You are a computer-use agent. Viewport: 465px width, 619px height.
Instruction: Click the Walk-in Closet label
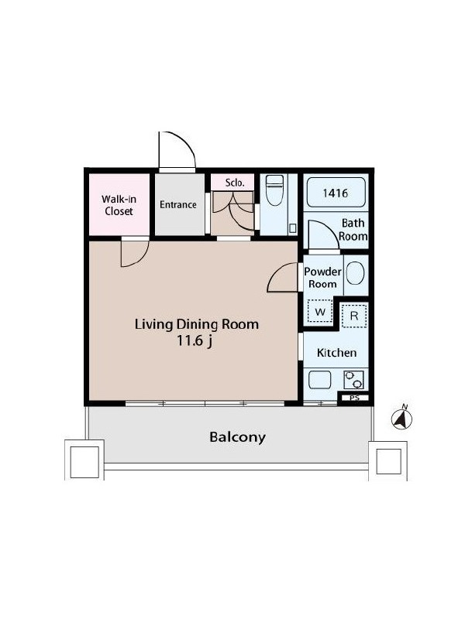[119, 205]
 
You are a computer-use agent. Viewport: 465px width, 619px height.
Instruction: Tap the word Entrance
[178, 204]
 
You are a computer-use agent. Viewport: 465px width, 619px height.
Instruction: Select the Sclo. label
[235, 183]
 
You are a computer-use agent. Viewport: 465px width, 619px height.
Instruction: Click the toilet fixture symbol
[275, 190]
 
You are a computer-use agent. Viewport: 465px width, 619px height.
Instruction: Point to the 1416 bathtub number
[336, 193]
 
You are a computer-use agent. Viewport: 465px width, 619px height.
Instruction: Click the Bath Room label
[353, 230]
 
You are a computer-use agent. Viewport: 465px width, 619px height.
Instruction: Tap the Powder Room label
[322, 278]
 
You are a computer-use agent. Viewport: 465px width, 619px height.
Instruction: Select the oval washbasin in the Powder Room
[355, 273]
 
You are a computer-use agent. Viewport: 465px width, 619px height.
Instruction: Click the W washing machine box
[320, 312]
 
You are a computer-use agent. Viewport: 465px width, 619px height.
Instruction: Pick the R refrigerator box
[354, 316]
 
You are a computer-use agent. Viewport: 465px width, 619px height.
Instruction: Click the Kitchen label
[336, 353]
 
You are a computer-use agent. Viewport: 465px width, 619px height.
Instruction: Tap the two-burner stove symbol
[353, 380]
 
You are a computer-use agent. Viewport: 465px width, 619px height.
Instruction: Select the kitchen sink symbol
[319, 380]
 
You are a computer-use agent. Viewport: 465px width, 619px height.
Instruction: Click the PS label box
[355, 398]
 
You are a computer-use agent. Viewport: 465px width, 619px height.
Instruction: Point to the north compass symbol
[401, 418]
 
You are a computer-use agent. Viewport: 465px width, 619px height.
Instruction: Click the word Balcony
[237, 437]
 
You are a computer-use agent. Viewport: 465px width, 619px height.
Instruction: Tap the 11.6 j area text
[195, 340]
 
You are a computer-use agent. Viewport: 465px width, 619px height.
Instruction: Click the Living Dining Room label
[197, 324]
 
